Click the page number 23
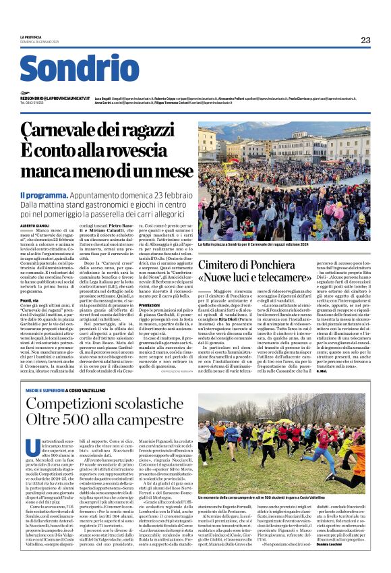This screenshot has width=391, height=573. coord(365,40)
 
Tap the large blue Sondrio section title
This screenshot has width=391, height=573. coord(75,70)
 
